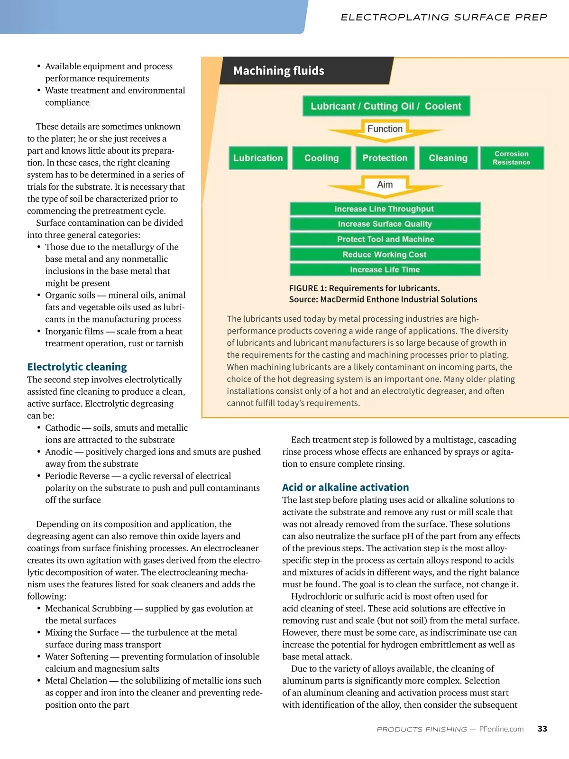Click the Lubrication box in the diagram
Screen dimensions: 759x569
258,158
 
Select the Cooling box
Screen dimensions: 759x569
321,158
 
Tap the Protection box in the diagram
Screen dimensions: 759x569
385,158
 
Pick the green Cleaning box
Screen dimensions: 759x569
448,158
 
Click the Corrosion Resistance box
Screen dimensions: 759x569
512,158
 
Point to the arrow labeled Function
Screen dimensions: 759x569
385,130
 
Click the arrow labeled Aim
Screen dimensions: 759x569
385,185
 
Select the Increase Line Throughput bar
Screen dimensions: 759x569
385,209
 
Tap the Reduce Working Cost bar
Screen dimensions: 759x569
385,254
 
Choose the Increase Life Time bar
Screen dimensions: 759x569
385,269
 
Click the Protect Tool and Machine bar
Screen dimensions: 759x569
385,239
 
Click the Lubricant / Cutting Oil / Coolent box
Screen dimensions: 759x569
386,106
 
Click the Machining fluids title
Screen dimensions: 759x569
279,71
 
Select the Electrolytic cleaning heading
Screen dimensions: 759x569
77,367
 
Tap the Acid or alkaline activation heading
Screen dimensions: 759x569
345,487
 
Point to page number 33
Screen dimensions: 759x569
542,729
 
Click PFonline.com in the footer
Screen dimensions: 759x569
501,729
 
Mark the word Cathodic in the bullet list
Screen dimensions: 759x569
63,427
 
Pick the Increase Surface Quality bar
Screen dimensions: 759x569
385,224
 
